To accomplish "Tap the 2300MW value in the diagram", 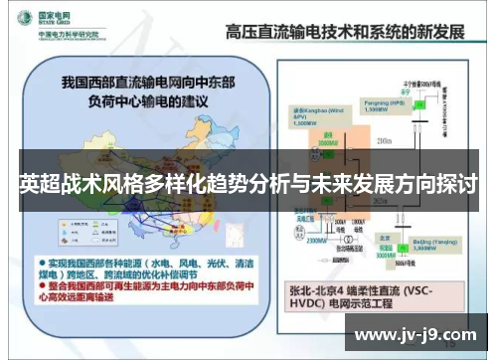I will [316, 241].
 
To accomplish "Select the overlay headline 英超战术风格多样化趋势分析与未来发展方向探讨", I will [248, 186].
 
